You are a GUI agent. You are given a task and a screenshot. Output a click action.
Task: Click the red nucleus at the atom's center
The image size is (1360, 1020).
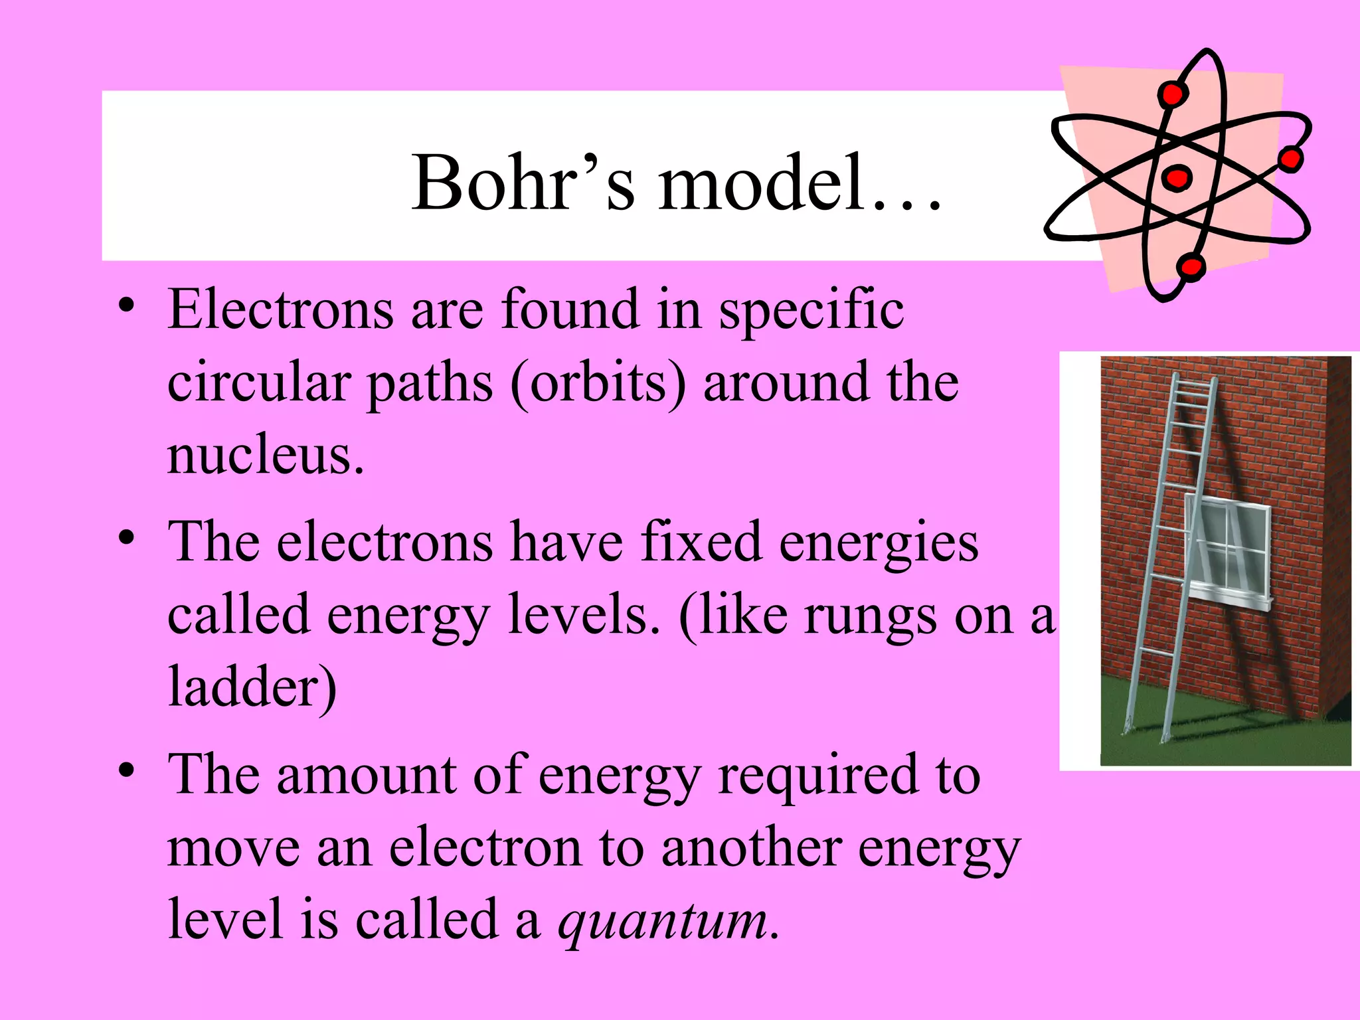pos(1177,178)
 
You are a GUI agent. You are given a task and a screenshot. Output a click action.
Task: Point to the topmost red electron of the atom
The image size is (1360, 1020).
pos(1173,94)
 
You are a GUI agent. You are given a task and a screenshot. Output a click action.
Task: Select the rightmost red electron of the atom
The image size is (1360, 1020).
pos(1290,159)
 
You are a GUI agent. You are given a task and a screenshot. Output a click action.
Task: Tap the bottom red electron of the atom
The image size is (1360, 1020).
pos(1190,267)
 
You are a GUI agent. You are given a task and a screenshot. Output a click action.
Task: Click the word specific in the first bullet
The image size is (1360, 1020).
pos(811,311)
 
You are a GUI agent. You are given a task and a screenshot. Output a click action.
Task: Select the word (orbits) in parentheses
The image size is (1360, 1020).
pos(598,384)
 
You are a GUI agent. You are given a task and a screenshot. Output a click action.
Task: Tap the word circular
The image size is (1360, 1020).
pos(258,384)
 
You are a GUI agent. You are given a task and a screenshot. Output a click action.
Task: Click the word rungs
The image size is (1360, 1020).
pos(870,616)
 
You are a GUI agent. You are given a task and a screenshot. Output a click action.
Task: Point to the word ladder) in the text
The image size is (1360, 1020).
pos(252,688)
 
